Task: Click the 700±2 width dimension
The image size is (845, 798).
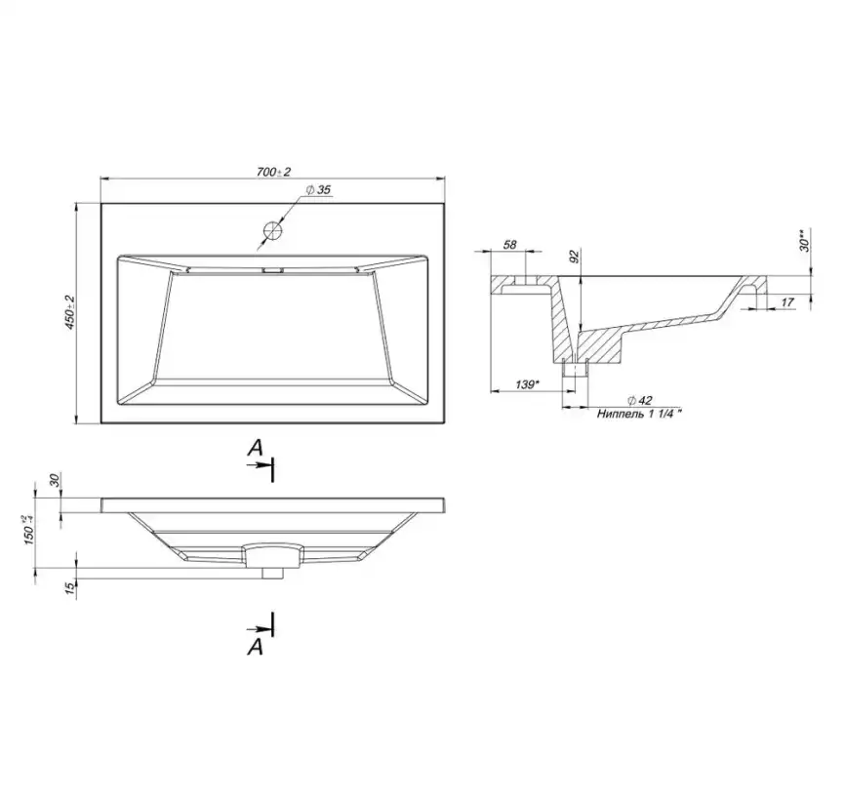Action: click(x=274, y=172)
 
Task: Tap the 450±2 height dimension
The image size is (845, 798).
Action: click(x=69, y=312)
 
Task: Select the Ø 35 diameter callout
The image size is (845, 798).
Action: click(x=318, y=190)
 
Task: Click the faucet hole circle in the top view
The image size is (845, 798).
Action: click(x=273, y=231)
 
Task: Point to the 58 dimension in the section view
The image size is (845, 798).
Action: click(x=509, y=245)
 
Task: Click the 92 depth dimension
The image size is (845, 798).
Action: click(x=574, y=257)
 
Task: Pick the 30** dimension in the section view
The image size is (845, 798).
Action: click(x=804, y=241)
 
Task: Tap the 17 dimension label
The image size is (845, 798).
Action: click(x=787, y=302)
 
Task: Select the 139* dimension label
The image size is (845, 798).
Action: click(x=527, y=384)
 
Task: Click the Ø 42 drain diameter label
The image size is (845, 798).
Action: click(x=640, y=400)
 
